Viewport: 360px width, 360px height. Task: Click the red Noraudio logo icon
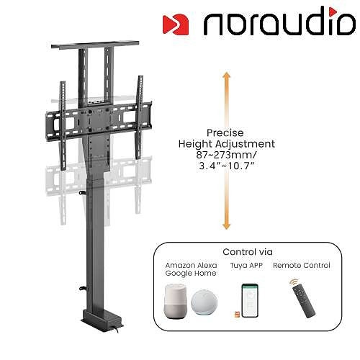pos(176,24)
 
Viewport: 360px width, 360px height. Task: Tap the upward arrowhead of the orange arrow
pos(226,75)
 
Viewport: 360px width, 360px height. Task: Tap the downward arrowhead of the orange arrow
pos(226,225)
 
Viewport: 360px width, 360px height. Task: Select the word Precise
pos(225,132)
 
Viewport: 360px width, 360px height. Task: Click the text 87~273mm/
pos(226,155)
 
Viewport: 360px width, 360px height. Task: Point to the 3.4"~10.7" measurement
pos(226,166)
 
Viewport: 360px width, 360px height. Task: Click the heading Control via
pos(248,252)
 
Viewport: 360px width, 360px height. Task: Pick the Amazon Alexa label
pos(191,265)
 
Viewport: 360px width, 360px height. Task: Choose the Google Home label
pos(191,274)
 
